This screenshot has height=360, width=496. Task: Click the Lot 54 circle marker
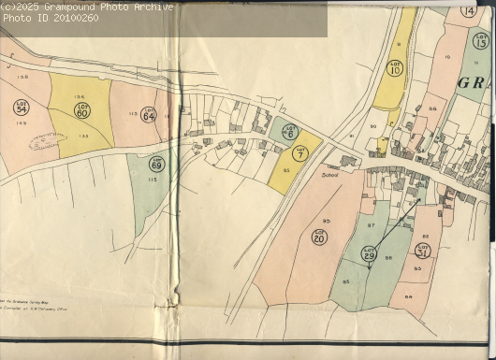(x=22, y=108)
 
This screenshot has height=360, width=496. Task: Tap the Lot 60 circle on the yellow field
(x=82, y=110)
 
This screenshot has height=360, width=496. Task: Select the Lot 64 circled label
(x=148, y=116)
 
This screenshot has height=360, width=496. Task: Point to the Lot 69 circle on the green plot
(x=157, y=165)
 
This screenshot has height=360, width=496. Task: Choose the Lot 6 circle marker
(x=290, y=132)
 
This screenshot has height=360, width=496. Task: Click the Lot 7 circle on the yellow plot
(x=299, y=153)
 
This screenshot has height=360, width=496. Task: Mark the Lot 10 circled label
(x=394, y=68)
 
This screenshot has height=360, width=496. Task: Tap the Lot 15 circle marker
(x=481, y=40)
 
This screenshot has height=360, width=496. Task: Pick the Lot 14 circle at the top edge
(x=468, y=10)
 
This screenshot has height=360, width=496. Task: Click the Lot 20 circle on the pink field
(x=319, y=238)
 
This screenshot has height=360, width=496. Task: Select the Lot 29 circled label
(x=369, y=252)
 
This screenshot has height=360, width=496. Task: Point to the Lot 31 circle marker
(x=423, y=250)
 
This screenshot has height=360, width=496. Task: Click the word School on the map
(x=329, y=175)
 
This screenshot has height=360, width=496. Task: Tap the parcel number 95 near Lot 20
(x=327, y=221)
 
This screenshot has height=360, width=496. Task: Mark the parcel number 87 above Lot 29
(x=371, y=225)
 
